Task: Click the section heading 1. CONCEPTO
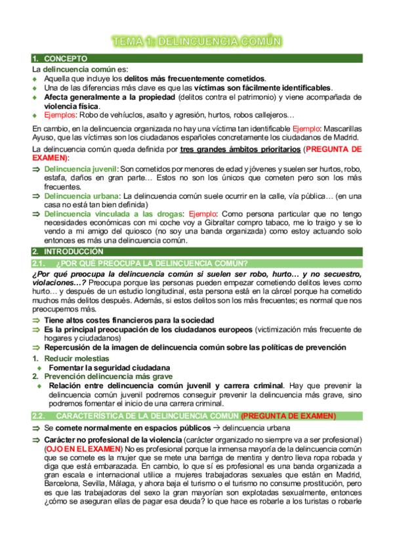60,59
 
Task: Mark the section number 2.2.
41,416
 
